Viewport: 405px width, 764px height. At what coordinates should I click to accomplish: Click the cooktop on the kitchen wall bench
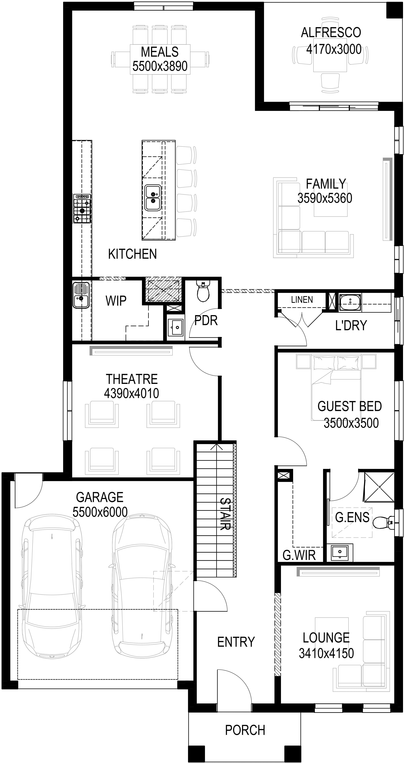(x=82, y=209)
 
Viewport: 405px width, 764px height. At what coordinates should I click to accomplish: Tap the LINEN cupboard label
(x=302, y=300)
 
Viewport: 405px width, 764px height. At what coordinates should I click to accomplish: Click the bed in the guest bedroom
(x=336, y=388)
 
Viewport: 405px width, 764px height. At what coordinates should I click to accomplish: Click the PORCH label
(x=245, y=730)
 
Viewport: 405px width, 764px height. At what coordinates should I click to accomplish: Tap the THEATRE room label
(x=132, y=379)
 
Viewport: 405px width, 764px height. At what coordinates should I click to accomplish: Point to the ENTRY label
(x=236, y=642)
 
